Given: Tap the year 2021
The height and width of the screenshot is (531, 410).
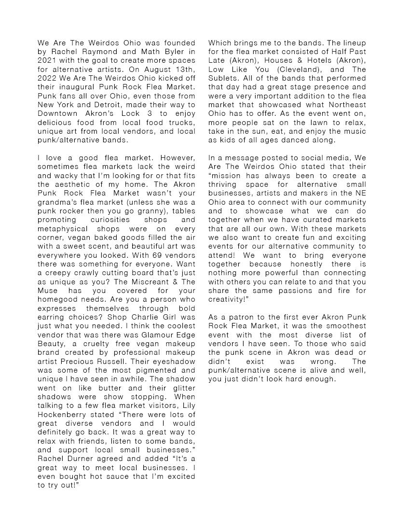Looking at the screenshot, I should point(47,60).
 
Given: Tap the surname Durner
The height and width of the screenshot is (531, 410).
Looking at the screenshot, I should point(82,459).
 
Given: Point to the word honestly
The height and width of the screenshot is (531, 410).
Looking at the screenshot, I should point(308,264).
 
